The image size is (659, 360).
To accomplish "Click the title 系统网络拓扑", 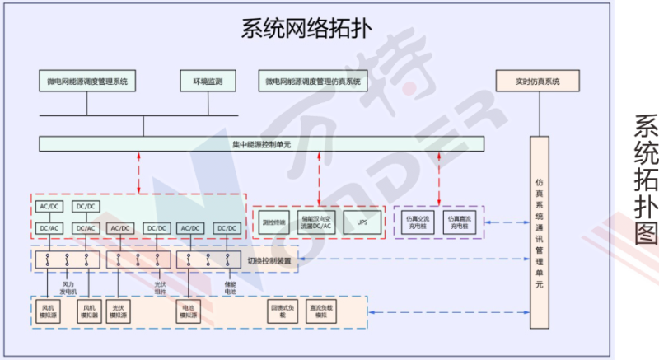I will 306,30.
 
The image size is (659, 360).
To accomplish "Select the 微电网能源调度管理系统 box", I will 86,82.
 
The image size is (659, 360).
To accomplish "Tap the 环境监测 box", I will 208,82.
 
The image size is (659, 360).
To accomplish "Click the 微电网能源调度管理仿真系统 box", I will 313,82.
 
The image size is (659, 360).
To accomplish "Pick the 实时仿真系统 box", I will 537,82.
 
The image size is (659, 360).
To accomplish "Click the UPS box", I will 362,222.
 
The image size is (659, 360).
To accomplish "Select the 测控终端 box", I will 273,222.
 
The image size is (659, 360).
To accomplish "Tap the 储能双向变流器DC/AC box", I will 317,222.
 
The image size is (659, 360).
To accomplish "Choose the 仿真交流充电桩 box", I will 418,222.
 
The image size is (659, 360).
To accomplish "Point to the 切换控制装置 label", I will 269,260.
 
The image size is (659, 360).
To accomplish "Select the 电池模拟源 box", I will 189,314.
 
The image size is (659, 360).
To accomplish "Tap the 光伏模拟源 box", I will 119,314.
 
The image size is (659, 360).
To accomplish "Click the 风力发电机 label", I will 68,288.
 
